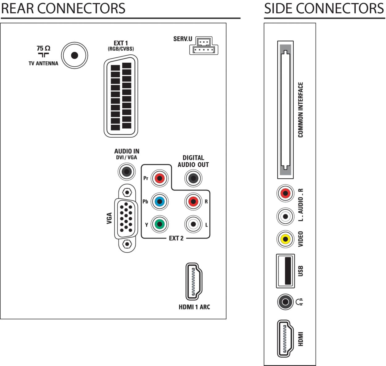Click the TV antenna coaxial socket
point(74,56)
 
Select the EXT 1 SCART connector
point(121,96)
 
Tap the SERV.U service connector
point(203,46)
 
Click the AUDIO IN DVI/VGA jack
point(127,172)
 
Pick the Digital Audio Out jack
point(193,178)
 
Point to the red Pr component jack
point(160,178)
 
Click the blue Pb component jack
point(160,202)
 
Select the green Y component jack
point(160,224)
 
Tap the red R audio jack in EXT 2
point(193,202)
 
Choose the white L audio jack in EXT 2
point(193,224)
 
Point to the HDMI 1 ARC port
point(194,281)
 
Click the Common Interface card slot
point(285,110)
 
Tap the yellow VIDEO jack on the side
point(285,239)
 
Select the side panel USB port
point(285,271)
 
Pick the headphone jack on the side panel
point(285,302)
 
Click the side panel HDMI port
point(285,339)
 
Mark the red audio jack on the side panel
point(285,193)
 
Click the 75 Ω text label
point(43,48)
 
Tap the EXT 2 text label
point(176,238)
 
